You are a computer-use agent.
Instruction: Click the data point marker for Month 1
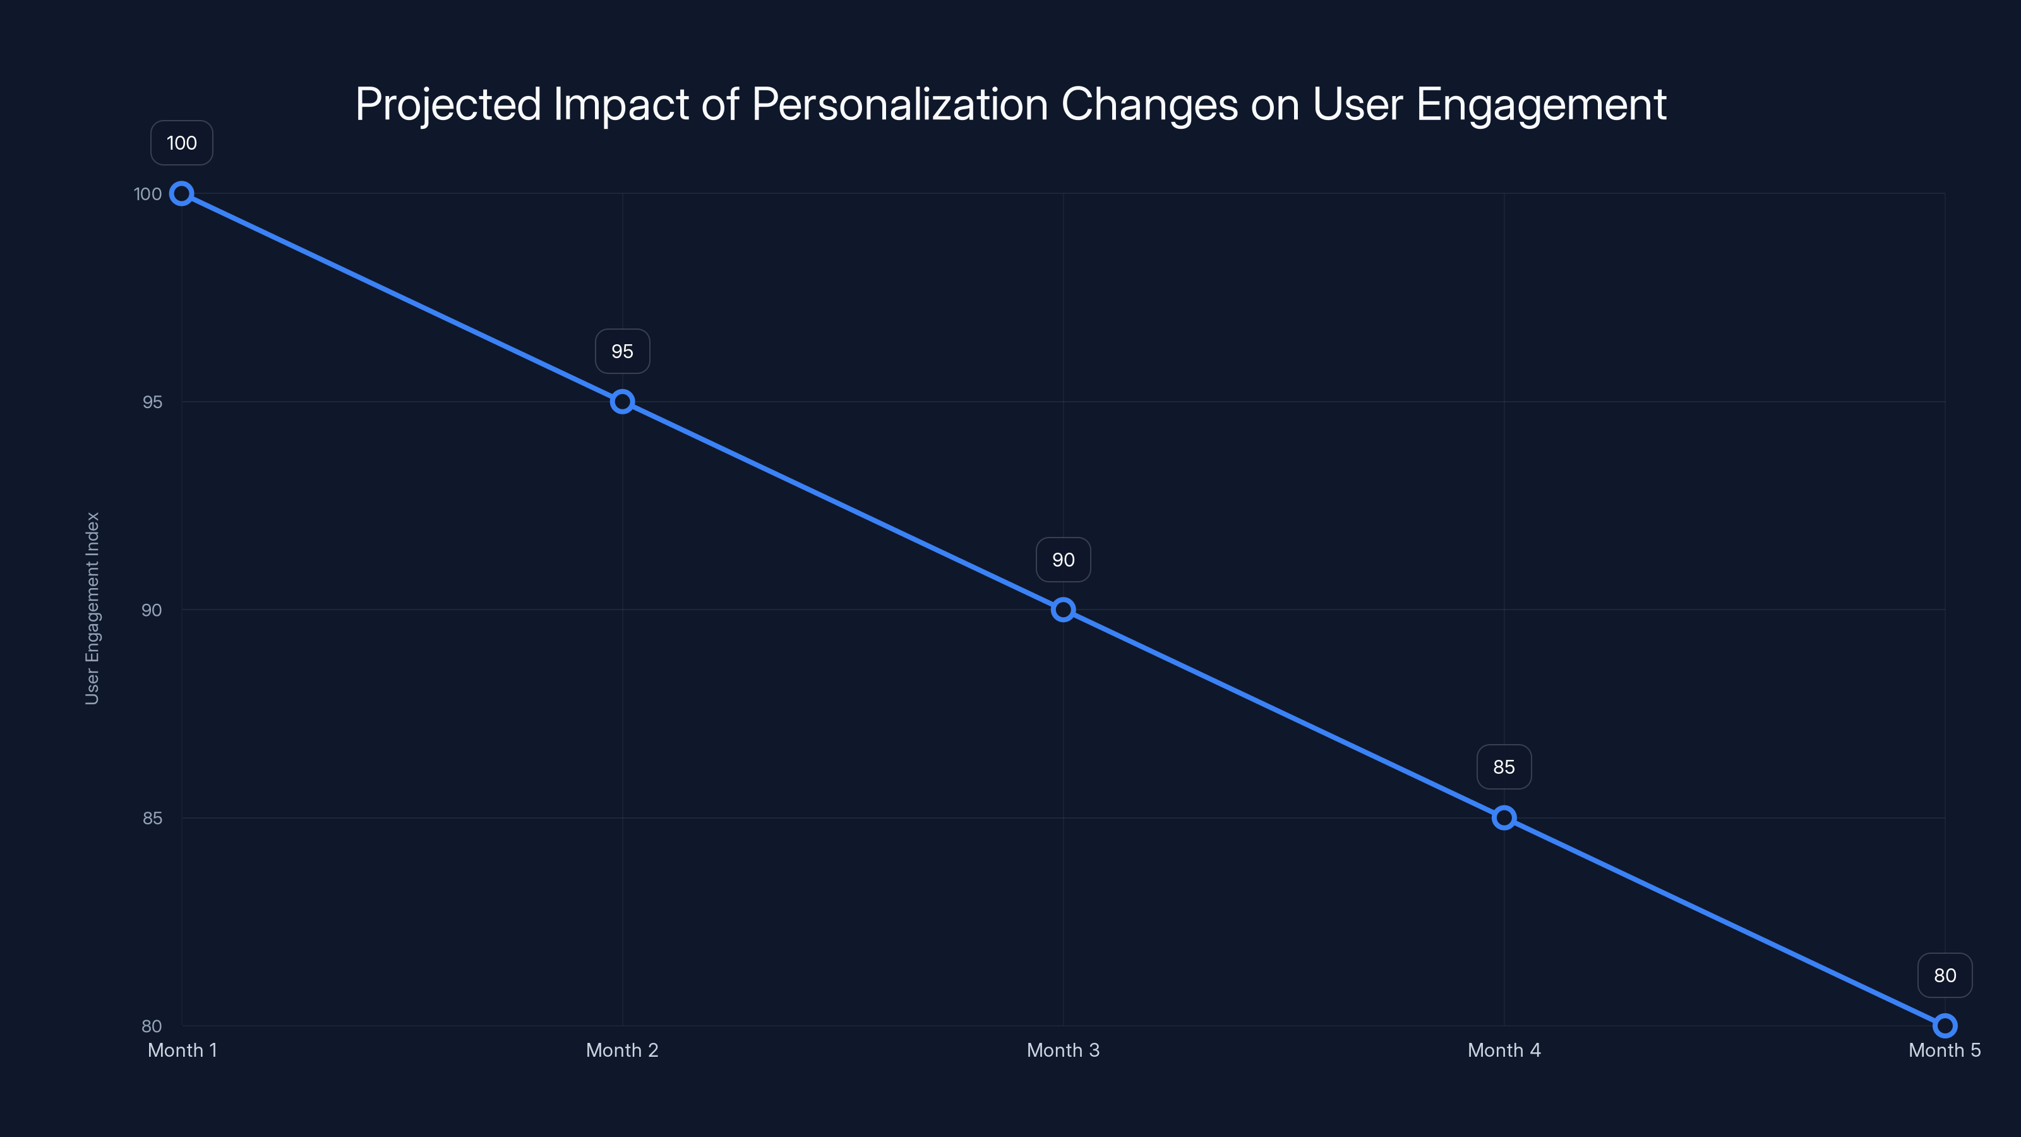[181, 194]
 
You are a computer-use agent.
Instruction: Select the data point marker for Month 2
[622, 402]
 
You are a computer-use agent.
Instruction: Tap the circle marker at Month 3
[1063, 610]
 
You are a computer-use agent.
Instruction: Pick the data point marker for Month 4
[1504, 817]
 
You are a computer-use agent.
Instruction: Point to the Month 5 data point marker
[1945, 1026]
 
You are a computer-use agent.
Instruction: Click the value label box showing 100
[181, 143]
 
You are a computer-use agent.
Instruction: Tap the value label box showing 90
[1063, 560]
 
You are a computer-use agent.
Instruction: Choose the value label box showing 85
[1504, 767]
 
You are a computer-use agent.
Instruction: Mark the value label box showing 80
[1945, 975]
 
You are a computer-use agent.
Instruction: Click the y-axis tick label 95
[152, 402]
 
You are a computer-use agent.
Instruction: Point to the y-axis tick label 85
[152, 817]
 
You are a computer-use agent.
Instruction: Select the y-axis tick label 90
[152, 610]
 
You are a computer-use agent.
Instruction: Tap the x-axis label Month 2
[622, 1050]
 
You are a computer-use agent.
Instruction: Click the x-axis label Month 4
[1504, 1050]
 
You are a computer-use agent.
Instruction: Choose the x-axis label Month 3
[1063, 1050]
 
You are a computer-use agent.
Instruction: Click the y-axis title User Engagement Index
[92, 608]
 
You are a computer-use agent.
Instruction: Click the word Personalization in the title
[900, 104]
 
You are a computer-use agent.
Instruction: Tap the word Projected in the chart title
[448, 104]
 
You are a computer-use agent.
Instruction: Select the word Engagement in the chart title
[1541, 104]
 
